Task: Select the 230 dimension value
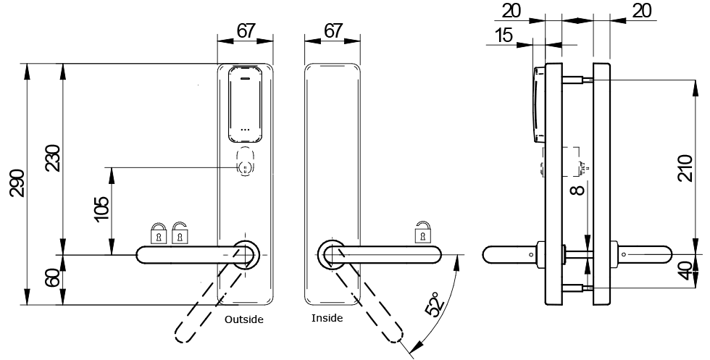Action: pyautogui.click(x=52, y=157)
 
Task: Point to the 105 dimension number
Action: pyautogui.click(x=101, y=208)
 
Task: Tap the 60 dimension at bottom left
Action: pyautogui.click(x=52, y=279)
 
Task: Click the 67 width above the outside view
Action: pyautogui.click(x=246, y=31)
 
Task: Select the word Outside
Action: pyautogui.click(x=244, y=319)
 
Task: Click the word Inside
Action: pyautogui.click(x=327, y=318)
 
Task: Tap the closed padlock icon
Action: pyautogui.click(x=157, y=233)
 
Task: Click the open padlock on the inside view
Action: pyautogui.click(x=422, y=233)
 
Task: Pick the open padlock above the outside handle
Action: pyautogui.click(x=179, y=233)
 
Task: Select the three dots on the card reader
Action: pyautogui.click(x=245, y=130)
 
